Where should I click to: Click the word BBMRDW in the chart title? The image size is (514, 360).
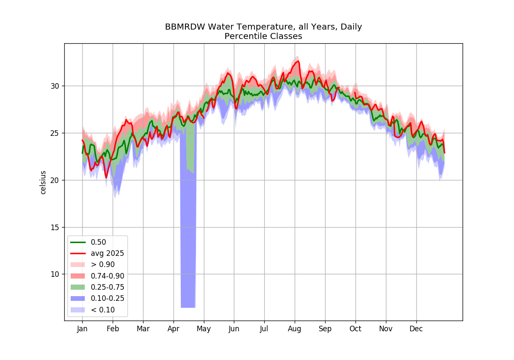click(x=185, y=27)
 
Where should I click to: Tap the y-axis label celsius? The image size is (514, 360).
click(x=43, y=183)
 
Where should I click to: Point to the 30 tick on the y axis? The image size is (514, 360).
click(x=55, y=86)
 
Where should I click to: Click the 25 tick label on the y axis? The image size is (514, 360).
click(x=55, y=133)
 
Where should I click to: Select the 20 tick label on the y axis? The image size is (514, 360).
click(x=55, y=180)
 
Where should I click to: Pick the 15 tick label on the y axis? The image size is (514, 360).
click(x=55, y=227)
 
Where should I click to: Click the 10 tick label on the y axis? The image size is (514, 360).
click(x=55, y=274)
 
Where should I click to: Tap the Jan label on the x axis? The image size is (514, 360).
click(x=82, y=329)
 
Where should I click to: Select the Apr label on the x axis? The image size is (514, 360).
click(x=173, y=329)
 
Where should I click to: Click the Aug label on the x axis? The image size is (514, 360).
click(x=294, y=329)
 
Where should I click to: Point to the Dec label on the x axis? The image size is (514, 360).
click(x=416, y=329)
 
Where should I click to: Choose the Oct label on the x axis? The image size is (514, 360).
click(x=355, y=329)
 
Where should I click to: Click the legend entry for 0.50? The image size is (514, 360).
click(x=88, y=242)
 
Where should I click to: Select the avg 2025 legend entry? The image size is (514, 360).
click(x=97, y=253)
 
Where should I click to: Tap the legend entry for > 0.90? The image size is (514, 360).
click(x=93, y=264)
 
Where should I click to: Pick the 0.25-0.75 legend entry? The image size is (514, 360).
click(x=97, y=287)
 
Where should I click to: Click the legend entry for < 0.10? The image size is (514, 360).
click(x=93, y=310)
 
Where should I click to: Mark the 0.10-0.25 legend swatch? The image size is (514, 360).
click(x=78, y=298)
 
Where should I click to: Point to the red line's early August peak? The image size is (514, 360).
click(x=298, y=61)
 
